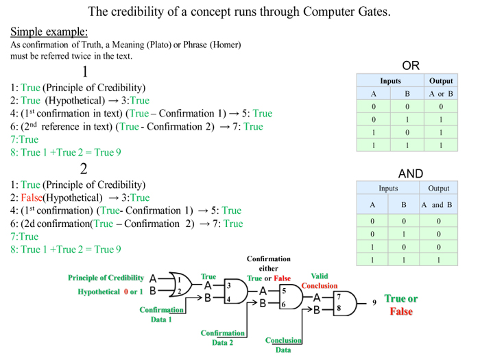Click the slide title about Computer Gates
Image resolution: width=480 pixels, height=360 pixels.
pyautogui.click(x=240, y=12)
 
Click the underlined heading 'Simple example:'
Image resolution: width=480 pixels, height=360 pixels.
pyautogui.click(x=49, y=32)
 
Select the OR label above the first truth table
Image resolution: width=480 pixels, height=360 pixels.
pyautogui.click(x=411, y=66)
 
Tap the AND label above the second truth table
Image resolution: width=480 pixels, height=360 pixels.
pyautogui.click(x=411, y=173)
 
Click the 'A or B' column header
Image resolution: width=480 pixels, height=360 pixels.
pyautogui.click(x=441, y=94)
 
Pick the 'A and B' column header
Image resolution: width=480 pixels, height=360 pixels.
pyautogui.click(x=437, y=204)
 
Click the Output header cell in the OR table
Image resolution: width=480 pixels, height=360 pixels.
pyautogui.click(x=441, y=81)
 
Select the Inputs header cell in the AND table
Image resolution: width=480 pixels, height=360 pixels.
pyautogui.click(x=388, y=188)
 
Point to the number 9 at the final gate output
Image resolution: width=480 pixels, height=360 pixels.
pyautogui.click(x=374, y=302)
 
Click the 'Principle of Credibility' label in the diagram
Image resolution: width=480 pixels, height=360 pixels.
pyautogui.click(x=106, y=278)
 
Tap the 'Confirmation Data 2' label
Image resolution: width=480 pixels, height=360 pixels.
pyautogui.click(x=222, y=337)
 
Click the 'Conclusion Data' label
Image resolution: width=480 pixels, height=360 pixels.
pyautogui.click(x=283, y=345)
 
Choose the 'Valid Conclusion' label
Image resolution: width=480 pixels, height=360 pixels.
pyautogui.click(x=319, y=280)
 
